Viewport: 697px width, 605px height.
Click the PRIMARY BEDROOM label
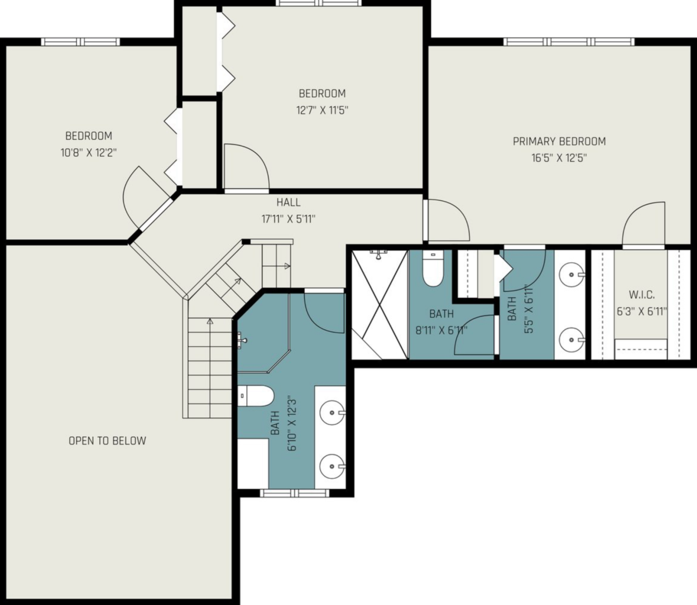click(559, 141)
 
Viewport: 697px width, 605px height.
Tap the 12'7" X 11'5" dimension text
click(322, 110)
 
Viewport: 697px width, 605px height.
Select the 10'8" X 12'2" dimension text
click(88, 153)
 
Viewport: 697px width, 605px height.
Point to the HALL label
click(289, 202)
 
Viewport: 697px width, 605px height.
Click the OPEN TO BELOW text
click(107, 441)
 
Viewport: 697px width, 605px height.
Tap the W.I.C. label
click(642, 294)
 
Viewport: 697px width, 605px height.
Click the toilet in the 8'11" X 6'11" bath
click(433, 268)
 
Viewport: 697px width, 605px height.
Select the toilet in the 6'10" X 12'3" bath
click(256, 396)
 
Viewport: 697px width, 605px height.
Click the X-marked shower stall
click(379, 305)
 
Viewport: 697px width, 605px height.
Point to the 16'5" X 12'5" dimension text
click(559, 158)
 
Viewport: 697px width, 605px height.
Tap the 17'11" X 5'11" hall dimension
click(289, 219)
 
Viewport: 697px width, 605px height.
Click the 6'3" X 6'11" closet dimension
click(642, 311)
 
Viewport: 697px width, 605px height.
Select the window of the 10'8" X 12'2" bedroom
click(81, 42)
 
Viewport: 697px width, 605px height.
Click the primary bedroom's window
click(569, 42)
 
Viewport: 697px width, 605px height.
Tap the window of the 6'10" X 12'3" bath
click(295, 493)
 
